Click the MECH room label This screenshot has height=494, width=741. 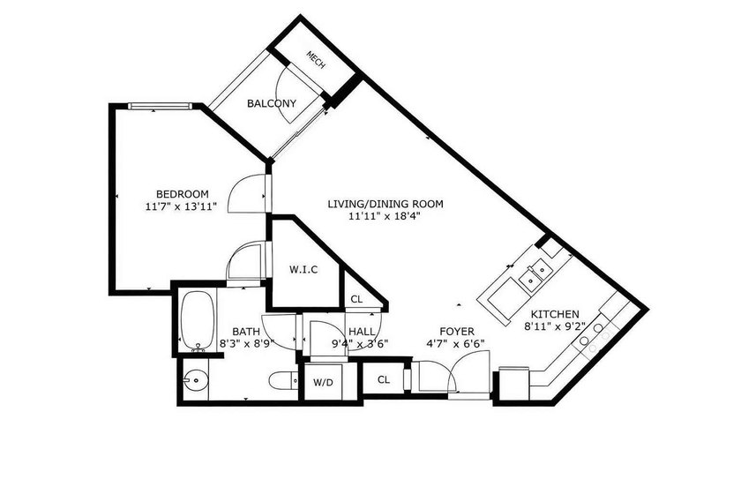click(315, 59)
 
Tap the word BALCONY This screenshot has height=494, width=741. click(271, 103)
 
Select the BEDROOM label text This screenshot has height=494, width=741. click(182, 194)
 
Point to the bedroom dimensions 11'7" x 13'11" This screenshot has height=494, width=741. click(182, 207)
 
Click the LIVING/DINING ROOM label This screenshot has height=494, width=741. click(385, 203)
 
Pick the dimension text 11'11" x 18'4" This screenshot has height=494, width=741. click(385, 216)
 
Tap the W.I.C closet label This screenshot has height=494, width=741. click(303, 269)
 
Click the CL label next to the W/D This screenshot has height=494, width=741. click(384, 380)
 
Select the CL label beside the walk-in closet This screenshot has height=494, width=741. click(356, 300)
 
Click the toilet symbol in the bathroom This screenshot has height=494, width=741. click(281, 381)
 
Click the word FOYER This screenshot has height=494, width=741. click(445, 332)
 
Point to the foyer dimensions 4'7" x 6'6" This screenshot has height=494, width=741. click(455, 344)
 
